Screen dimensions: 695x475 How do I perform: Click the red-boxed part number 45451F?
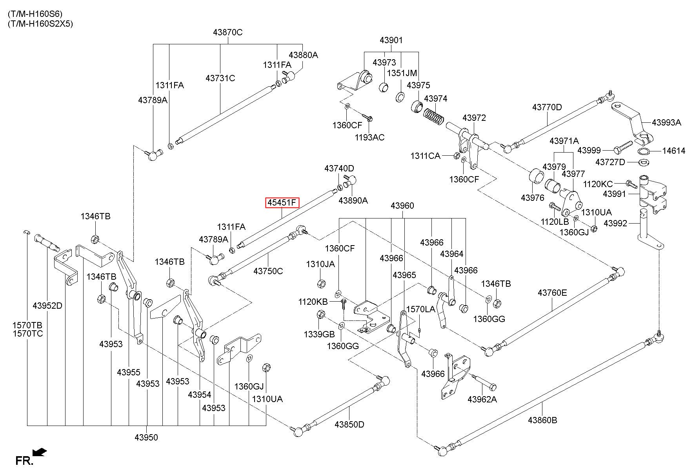tap(282, 203)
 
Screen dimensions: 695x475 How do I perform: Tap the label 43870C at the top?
tap(228, 32)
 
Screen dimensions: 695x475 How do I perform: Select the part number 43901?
tap(391, 40)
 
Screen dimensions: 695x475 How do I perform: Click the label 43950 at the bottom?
tap(146, 437)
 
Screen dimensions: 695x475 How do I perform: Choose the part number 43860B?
tap(542, 420)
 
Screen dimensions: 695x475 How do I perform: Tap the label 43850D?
tap(349, 424)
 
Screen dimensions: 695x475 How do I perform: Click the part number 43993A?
tap(666, 122)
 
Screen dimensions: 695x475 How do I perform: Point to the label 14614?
tap(674, 151)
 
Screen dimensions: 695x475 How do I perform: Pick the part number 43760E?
tap(552, 293)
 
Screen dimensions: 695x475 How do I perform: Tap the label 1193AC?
tap(369, 137)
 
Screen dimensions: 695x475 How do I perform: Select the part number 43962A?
tap(482, 399)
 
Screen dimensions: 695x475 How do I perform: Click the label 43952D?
tap(47, 306)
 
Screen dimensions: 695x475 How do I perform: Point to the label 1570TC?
tap(27, 334)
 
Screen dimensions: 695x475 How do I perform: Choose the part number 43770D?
tap(547, 107)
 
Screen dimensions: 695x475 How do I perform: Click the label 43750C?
tap(268, 271)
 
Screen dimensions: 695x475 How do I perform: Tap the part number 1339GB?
tap(319, 334)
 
